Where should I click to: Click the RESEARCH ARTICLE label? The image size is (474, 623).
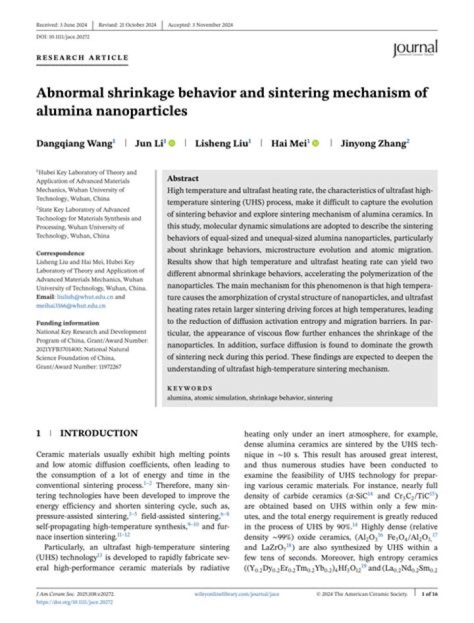click(x=82, y=58)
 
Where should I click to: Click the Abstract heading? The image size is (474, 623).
click(x=183, y=178)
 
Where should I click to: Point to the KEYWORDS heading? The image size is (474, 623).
click(x=190, y=389)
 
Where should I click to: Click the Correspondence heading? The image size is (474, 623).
click(x=60, y=253)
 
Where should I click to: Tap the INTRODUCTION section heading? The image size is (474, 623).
click(x=99, y=433)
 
